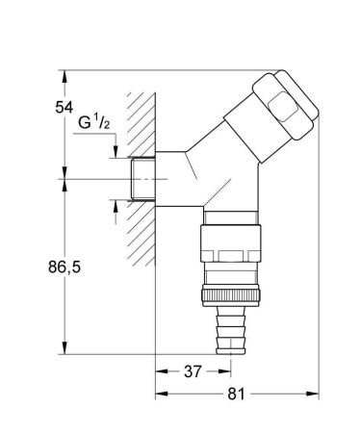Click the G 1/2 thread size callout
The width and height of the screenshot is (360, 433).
coord(96,124)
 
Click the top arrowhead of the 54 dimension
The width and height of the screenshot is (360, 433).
coord(64,73)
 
